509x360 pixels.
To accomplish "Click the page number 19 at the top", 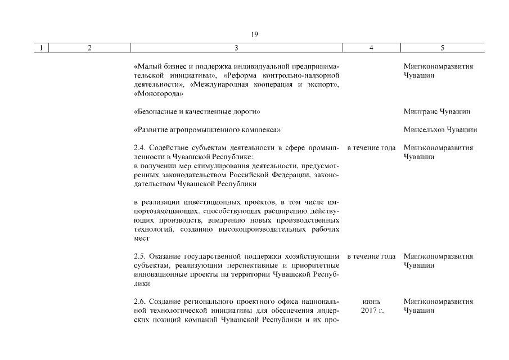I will (254, 35).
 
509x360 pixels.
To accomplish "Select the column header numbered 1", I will (41, 48).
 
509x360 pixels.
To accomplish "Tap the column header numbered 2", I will (89, 48).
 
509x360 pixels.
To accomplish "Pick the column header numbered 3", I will (236, 48).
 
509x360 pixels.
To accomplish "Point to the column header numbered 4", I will (371, 48).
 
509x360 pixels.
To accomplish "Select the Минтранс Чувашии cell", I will (437, 112).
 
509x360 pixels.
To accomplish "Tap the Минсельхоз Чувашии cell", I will (440, 130).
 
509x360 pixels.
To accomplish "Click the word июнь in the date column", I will (371, 302).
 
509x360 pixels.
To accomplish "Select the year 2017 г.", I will (371, 311).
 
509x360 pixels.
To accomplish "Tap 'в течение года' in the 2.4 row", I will (371, 148).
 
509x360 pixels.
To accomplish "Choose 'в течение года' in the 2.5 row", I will (371, 256).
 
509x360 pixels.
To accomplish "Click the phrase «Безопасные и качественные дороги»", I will (197, 112).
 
